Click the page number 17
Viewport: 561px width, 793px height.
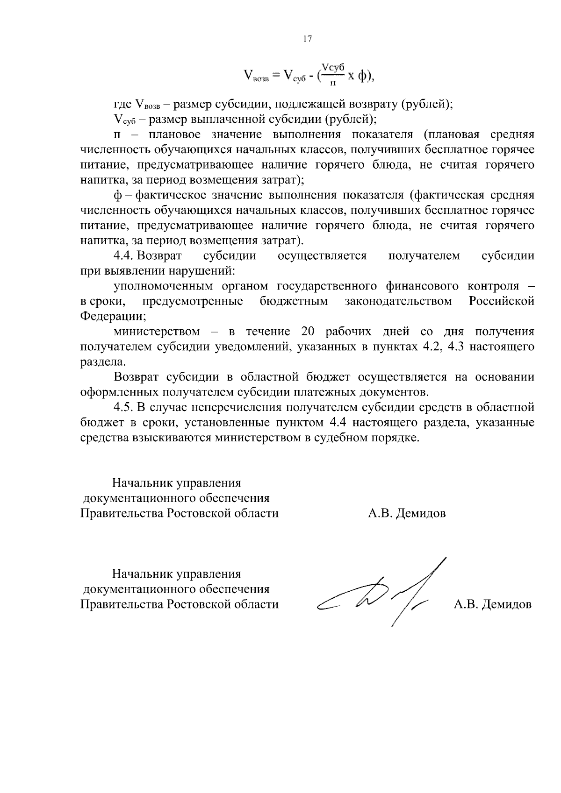coord(307,39)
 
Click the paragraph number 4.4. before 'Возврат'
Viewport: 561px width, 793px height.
coord(124,256)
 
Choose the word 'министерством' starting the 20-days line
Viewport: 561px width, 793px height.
coord(157,332)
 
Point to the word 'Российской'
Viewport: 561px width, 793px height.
coord(501,301)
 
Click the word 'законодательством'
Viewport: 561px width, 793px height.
coord(398,301)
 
